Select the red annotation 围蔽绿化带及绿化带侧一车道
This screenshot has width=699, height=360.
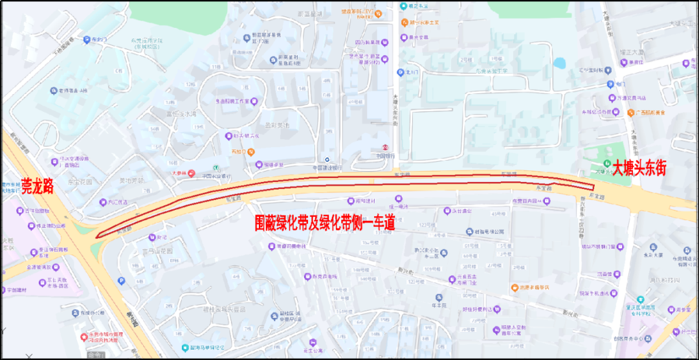pos(324,224)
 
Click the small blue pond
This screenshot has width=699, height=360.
pos(559,63)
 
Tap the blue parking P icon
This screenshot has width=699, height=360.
pos(121,280)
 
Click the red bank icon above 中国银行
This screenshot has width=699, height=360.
pos(385,146)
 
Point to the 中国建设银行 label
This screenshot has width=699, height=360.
pos(345,168)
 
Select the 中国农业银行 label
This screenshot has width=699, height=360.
pos(216,175)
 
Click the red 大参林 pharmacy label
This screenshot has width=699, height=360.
pos(178,174)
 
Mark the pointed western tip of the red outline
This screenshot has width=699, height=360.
pos(96,237)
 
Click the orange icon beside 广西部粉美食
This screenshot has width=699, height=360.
pos(631,113)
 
